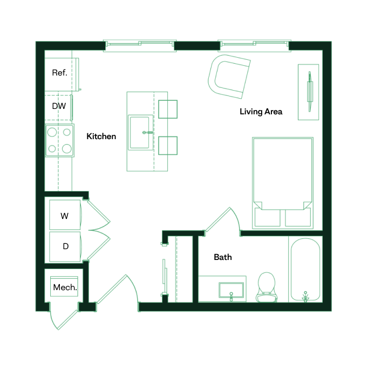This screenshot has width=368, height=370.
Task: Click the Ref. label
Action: tap(59, 73)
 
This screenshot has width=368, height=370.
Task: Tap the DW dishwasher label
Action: tap(59, 106)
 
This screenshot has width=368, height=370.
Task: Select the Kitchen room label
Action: tap(101, 136)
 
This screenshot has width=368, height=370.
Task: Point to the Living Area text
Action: tap(261, 112)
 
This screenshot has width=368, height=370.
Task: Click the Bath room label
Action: tap(223, 257)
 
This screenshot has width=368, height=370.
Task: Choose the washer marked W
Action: tap(65, 216)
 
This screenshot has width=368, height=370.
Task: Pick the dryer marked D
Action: tap(65, 246)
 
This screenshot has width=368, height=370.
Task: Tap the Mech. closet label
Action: tap(65, 287)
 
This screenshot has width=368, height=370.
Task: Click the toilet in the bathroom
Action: tap(266, 286)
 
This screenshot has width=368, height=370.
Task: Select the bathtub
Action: tap(305, 269)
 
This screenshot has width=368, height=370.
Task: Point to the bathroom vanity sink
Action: tap(231, 290)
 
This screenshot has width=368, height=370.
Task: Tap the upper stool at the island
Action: tap(168, 109)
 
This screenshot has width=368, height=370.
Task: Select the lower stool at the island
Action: tap(168, 145)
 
